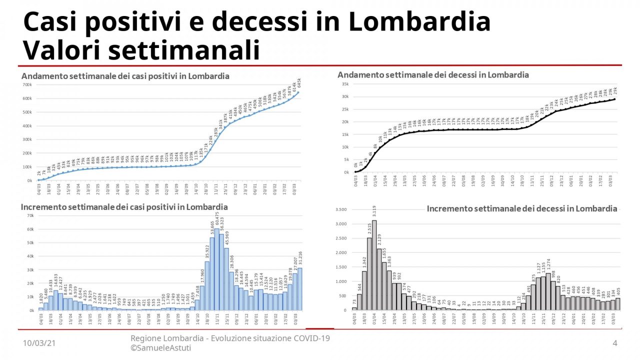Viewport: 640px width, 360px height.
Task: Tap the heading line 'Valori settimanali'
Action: coord(141,50)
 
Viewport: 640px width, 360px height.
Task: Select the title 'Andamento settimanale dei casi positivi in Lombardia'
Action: coord(125,76)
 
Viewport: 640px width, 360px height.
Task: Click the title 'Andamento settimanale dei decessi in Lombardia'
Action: coord(433,75)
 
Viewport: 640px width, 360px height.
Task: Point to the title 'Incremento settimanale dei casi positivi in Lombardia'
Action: coord(124,207)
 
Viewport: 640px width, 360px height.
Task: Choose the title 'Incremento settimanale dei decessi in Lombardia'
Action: coord(522,208)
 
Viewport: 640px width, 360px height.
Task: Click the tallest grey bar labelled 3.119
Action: coord(374,265)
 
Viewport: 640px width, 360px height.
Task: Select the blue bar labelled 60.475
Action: coord(217,270)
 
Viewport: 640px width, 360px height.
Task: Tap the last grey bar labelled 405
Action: coord(617,304)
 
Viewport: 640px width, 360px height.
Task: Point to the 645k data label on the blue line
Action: coord(299,82)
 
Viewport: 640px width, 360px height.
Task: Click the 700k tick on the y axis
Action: coord(26,84)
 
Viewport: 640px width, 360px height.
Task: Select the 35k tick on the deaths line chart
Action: coord(344,84)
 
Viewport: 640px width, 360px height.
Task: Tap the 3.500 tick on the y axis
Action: coord(341,209)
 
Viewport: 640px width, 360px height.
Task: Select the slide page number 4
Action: coord(615,343)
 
